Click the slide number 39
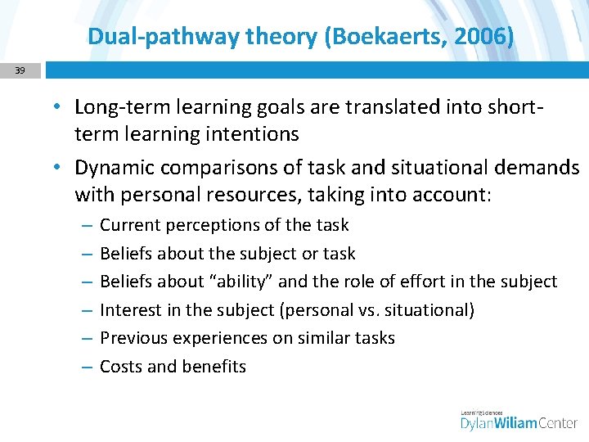pyautogui.click(x=20, y=70)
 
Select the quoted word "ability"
pyautogui.click(x=243, y=282)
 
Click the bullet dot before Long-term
pyautogui.click(x=60, y=107)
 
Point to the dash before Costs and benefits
pyautogui.click(x=86, y=367)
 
